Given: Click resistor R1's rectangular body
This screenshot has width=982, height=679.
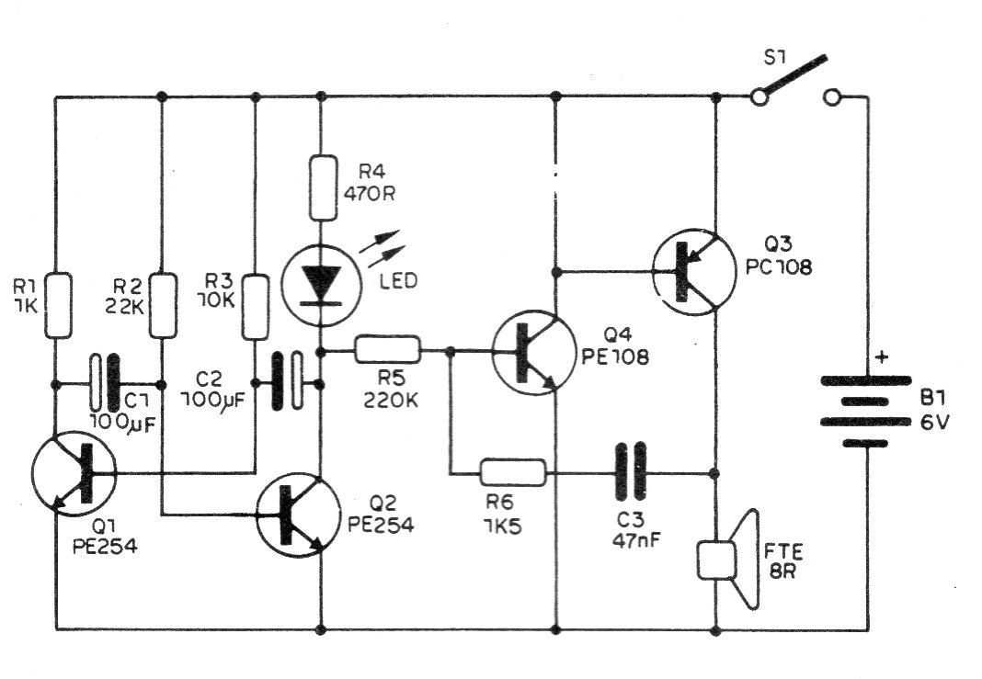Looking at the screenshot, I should (x=57, y=303).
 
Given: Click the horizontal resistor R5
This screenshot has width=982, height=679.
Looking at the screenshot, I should (x=388, y=350).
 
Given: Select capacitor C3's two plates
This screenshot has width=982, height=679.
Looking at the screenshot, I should (x=631, y=473).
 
